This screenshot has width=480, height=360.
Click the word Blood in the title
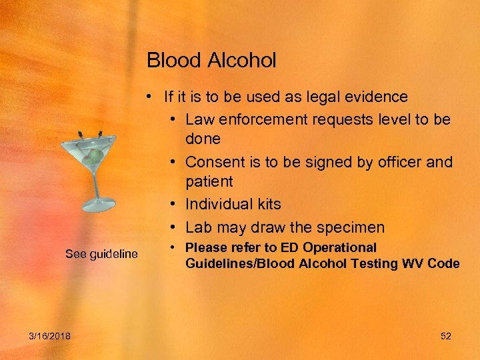[x=169, y=61]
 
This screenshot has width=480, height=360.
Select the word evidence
[x=378, y=97]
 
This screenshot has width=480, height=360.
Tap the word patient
[x=209, y=181]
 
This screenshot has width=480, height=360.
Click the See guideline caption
[x=101, y=254]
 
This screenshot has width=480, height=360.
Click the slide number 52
[x=446, y=336]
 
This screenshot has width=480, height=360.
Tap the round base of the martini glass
[x=101, y=204]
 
